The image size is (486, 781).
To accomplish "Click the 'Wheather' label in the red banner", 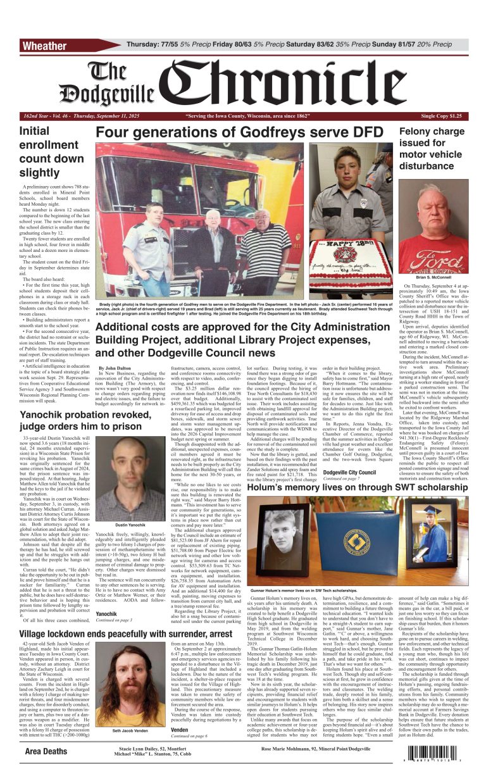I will pos(44,46).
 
